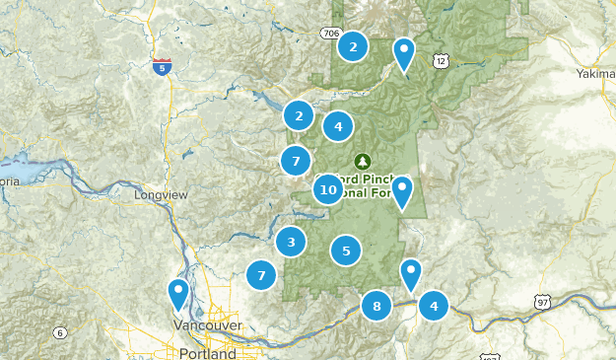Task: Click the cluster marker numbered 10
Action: [329, 188]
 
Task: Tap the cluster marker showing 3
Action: [290, 242]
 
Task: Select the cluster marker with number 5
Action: [346, 252]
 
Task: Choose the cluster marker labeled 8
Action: [376, 307]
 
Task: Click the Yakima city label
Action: [594, 73]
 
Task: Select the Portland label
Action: [208, 353]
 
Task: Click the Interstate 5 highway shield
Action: [163, 67]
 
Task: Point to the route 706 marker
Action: [330, 34]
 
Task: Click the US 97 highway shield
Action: [543, 302]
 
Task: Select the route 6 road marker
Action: [59, 331]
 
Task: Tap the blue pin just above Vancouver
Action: [178, 293]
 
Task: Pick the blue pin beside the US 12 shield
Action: [403, 51]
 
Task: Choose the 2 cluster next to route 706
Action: [353, 45]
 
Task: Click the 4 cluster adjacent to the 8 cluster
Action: [433, 306]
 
